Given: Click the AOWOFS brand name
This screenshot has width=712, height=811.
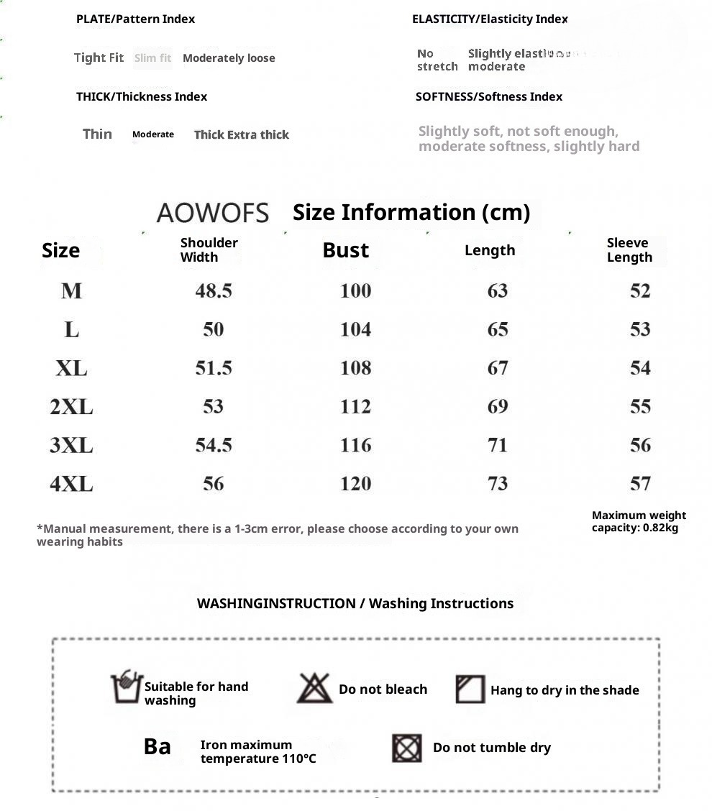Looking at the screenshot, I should (x=212, y=213).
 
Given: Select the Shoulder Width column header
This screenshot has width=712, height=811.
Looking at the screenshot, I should (x=209, y=250).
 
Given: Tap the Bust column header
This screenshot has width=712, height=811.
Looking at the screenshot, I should (x=345, y=250).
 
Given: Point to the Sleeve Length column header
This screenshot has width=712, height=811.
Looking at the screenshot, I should (x=629, y=250).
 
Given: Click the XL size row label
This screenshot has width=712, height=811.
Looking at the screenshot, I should (x=71, y=368).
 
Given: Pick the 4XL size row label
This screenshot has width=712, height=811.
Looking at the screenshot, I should (x=71, y=484).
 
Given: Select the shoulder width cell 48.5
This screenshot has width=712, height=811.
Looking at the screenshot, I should (x=214, y=291).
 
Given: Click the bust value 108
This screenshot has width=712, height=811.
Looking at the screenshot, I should (x=355, y=368).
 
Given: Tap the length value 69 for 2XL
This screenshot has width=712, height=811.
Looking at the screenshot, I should (x=498, y=407).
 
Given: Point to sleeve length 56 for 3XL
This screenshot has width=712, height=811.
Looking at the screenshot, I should (x=640, y=446).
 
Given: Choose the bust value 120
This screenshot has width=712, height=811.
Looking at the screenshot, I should (x=355, y=484).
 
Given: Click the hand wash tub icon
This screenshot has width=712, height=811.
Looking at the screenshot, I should (x=126, y=687).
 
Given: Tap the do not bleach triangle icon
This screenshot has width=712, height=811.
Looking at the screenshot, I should (x=314, y=689).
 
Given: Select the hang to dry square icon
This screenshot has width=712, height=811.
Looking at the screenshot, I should (x=470, y=689).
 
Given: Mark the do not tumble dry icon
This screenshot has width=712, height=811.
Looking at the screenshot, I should (x=407, y=748).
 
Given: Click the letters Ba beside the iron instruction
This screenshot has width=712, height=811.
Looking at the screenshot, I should (x=158, y=747).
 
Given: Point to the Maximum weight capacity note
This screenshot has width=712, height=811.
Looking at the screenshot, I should (x=639, y=521).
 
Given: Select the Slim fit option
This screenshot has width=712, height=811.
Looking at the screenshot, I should (x=152, y=58).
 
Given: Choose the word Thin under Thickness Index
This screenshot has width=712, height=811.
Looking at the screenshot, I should (x=97, y=134).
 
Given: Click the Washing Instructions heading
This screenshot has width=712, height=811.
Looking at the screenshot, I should (x=355, y=603).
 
